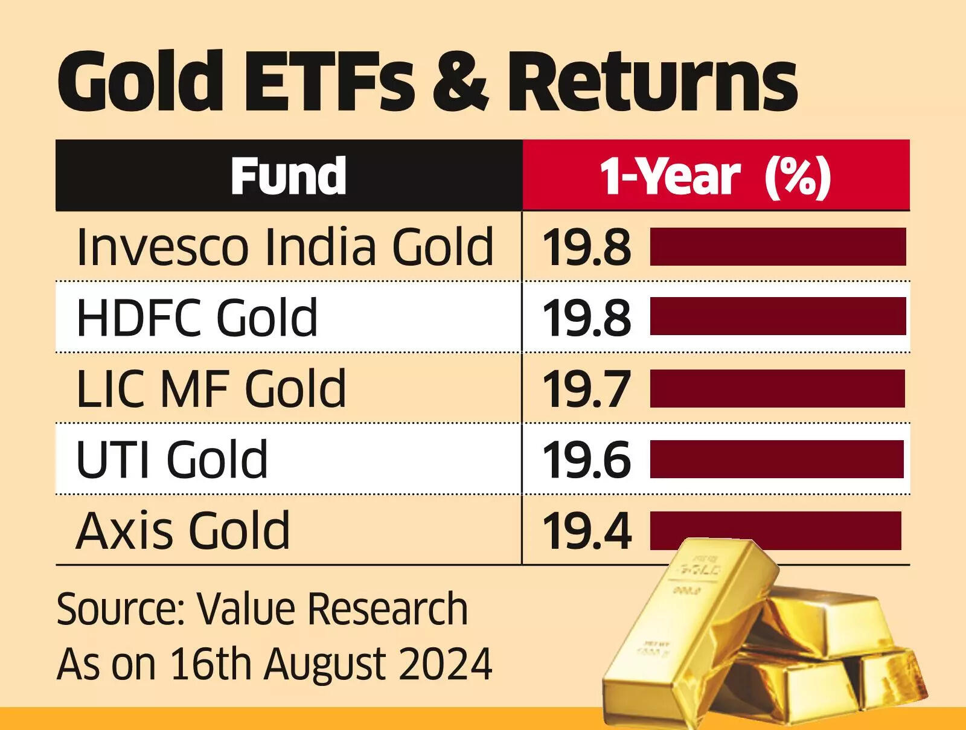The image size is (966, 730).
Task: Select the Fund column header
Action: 289,176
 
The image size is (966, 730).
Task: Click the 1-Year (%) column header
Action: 715,176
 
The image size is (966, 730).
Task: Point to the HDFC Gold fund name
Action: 197,317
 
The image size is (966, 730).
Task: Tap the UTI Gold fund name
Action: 172,459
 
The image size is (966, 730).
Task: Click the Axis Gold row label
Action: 183,530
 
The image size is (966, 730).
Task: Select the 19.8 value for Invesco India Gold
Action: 586,248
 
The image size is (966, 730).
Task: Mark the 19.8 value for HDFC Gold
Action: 586,318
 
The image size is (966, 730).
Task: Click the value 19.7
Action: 586,389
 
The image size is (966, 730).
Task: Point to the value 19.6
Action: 586,460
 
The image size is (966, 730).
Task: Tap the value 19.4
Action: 586,531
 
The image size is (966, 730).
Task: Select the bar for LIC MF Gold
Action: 778,389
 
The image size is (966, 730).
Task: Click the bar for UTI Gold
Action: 777,459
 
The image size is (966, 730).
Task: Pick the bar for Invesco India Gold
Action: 778,246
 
